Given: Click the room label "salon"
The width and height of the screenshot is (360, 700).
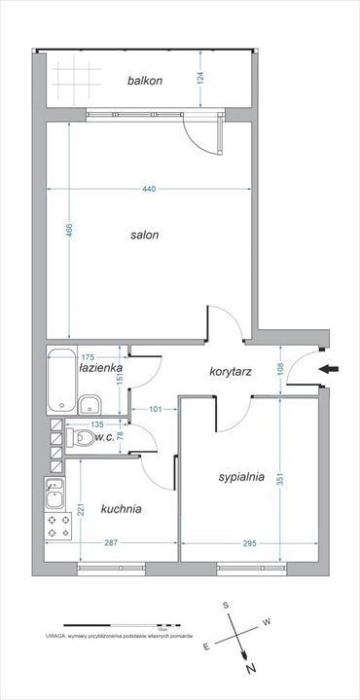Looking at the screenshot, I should coord(145,235).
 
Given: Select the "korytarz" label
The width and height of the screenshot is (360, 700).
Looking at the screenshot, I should coord(231,372).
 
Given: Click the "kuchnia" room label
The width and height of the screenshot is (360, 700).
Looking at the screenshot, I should coord(122,508).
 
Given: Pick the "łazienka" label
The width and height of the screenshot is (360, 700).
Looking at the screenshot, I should coord(101,368).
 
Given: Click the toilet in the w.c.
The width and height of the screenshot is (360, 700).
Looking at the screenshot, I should coord(80,439).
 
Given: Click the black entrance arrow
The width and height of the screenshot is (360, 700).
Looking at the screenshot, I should coord(332,369).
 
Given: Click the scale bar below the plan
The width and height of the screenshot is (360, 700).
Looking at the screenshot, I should coord(122,624).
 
